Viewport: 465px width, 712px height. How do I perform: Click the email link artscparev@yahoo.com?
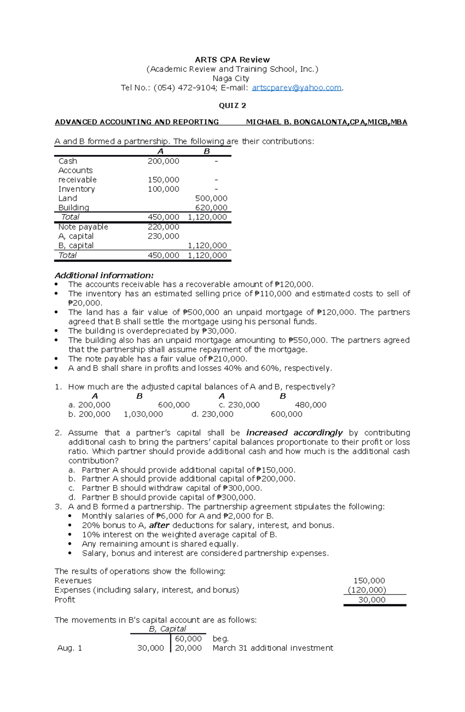click(x=296, y=88)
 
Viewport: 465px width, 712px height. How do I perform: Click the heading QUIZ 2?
click(x=232, y=106)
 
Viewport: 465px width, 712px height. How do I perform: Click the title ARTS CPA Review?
click(x=232, y=60)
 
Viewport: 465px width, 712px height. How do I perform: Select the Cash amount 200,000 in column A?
click(x=163, y=161)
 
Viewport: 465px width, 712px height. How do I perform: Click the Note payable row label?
click(x=83, y=227)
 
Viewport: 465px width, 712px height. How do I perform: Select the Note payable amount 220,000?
click(x=163, y=227)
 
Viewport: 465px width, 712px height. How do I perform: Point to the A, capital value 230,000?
click(x=163, y=236)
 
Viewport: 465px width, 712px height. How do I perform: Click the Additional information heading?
click(x=104, y=275)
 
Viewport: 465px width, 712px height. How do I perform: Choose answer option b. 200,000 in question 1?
click(x=90, y=414)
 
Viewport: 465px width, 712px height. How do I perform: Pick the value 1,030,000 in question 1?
click(x=143, y=414)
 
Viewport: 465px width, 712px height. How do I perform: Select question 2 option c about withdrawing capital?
click(x=172, y=488)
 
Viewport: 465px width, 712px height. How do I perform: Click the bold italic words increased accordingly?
click(x=294, y=433)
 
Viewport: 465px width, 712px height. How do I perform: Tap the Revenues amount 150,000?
click(x=369, y=581)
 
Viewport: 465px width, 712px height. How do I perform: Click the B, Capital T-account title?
click(x=167, y=629)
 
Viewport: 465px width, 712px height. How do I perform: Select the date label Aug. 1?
click(x=69, y=648)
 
